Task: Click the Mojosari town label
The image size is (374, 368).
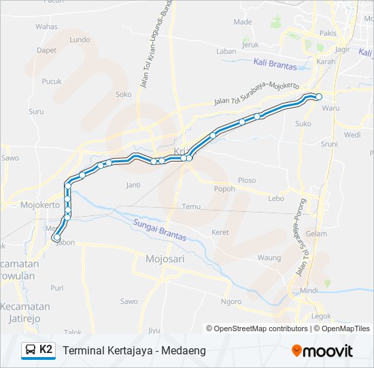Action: click(x=165, y=259)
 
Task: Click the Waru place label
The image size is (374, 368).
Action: click(x=331, y=108)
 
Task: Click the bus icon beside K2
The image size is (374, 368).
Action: click(x=31, y=350)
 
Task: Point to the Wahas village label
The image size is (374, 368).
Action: click(x=46, y=27)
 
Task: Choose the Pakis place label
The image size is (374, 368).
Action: click(x=328, y=33)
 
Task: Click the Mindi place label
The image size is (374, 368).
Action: click(x=309, y=290)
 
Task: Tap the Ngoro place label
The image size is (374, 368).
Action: click(x=231, y=301)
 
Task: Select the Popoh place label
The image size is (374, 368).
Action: click(x=224, y=189)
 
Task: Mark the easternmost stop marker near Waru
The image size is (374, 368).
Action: click(x=319, y=97)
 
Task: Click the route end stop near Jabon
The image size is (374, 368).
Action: click(x=56, y=238)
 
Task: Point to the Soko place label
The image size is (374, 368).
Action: click(x=123, y=95)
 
